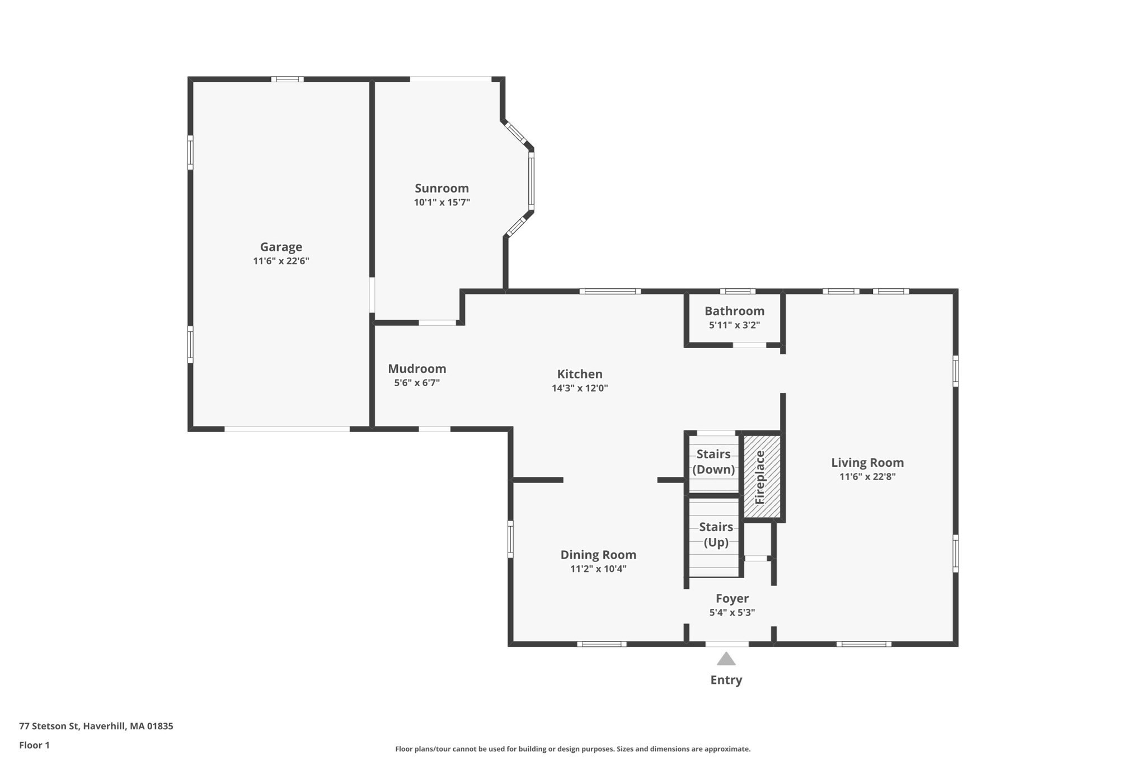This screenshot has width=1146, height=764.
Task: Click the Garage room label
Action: (281, 247)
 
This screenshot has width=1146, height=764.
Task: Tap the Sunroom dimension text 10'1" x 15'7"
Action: (442, 203)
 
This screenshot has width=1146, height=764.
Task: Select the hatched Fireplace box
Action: (762, 476)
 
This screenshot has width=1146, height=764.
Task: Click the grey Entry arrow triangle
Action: (726, 659)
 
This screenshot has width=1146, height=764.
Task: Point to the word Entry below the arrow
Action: (726, 680)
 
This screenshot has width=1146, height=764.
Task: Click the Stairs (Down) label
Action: (713, 462)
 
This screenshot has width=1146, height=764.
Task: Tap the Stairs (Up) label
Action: (716, 535)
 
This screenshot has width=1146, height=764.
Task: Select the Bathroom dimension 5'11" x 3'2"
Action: (734, 325)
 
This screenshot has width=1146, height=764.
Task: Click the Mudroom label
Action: (417, 369)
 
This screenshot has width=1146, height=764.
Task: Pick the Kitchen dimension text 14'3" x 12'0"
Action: (579, 388)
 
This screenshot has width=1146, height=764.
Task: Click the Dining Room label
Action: (598, 555)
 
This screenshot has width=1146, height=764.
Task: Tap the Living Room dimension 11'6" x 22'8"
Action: (867, 477)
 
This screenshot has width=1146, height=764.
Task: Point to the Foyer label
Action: (732, 598)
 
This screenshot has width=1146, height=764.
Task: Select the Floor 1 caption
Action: (34, 745)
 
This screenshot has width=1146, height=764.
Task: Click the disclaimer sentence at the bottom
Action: (572, 749)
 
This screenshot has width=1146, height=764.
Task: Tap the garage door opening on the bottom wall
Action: (287, 429)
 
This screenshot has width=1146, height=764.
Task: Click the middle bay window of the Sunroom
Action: (531, 181)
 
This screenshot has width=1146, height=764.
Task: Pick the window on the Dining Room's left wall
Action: (510, 539)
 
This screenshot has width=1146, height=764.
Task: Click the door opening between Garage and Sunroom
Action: (372, 295)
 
